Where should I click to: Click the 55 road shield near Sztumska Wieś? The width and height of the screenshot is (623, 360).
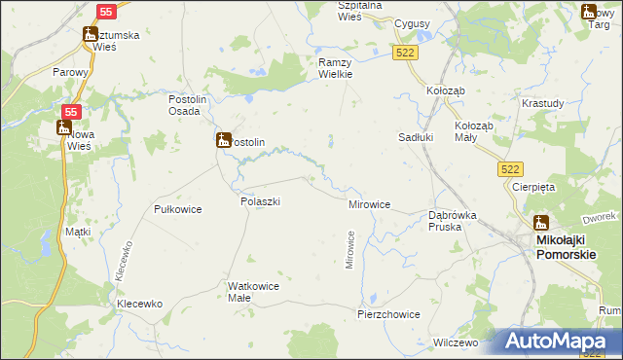point(107,11)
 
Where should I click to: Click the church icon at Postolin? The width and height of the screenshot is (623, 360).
point(223,141)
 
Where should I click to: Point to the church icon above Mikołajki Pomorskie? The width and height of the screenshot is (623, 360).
point(540,223)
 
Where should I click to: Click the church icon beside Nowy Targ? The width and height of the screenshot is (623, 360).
point(588,12)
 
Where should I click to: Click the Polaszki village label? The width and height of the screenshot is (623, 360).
point(260,200)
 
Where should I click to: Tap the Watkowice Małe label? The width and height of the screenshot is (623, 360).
point(253,292)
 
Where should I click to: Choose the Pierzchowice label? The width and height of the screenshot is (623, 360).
point(388,314)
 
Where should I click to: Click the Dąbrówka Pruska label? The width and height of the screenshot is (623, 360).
point(452,221)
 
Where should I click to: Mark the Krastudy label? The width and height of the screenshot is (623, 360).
point(541,103)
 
